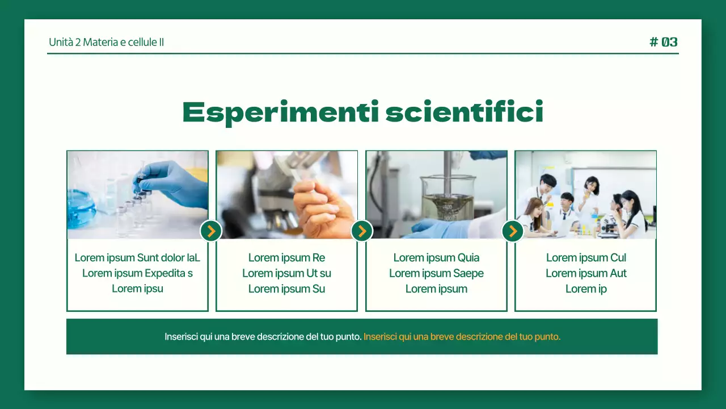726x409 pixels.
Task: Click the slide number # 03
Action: tap(664, 42)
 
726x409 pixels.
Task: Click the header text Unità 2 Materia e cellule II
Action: tap(107, 42)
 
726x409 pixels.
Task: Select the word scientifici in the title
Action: tap(464, 112)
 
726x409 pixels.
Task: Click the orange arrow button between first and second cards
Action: tap(211, 231)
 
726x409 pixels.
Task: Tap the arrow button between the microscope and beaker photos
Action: tap(362, 231)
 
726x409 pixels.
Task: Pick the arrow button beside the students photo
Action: tap(513, 231)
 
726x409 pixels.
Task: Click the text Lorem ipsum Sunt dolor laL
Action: tap(137, 258)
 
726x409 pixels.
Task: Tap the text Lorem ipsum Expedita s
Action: tap(137, 273)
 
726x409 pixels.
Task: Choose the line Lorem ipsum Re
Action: tap(286, 258)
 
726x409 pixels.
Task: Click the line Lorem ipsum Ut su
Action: tap(286, 273)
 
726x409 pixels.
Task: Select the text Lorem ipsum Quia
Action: tap(436, 258)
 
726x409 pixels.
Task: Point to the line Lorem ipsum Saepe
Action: tap(436, 273)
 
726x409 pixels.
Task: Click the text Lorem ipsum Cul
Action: tap(586, 258)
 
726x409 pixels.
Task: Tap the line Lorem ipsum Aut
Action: tap(586, 273)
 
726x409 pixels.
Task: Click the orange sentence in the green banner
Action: tap(462, 337)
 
